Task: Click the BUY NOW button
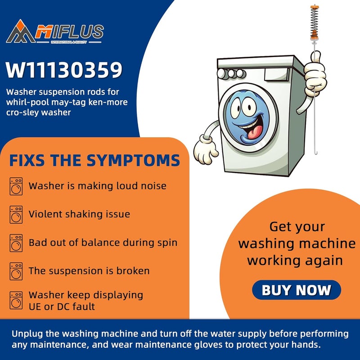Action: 297,290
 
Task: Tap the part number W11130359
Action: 64,70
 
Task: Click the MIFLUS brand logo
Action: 55,31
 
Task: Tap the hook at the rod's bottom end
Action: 316,152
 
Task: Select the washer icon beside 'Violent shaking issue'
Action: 16,215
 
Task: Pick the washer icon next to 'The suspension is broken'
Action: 16,271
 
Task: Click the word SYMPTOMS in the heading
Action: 133,160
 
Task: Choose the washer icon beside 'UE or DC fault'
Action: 16,300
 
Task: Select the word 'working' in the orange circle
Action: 271,261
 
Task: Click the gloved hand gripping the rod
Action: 315,73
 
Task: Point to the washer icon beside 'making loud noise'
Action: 16,186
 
